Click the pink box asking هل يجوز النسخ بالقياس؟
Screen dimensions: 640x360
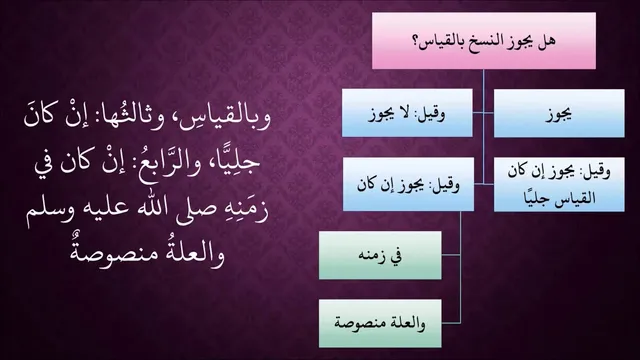(x=484, y=40)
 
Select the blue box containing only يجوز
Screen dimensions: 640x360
(x=559, y=113)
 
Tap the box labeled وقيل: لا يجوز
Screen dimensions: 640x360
(x=407, y=113)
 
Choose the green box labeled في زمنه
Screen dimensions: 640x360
(x=380, y=256)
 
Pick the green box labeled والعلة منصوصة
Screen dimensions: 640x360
(x=380, y=323)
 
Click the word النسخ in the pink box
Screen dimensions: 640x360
(x=486, y=41)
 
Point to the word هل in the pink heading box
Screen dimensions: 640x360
(x=547, y=40)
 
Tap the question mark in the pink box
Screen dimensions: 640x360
(x=418, y=41)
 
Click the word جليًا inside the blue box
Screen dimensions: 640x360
(x=538, y=199)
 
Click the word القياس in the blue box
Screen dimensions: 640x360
(x=577, y=198)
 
